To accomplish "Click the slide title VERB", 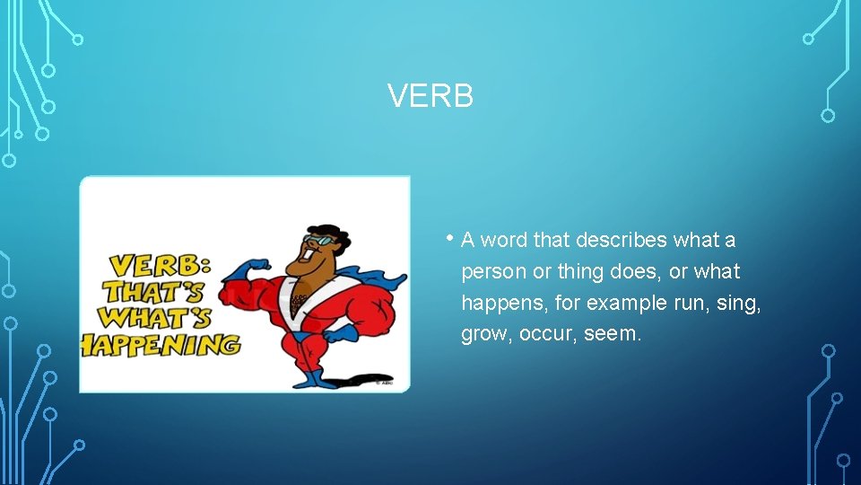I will pos(430,96).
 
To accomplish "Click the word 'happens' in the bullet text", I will pos(498,304).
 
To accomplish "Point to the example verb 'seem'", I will pos(611,335).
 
